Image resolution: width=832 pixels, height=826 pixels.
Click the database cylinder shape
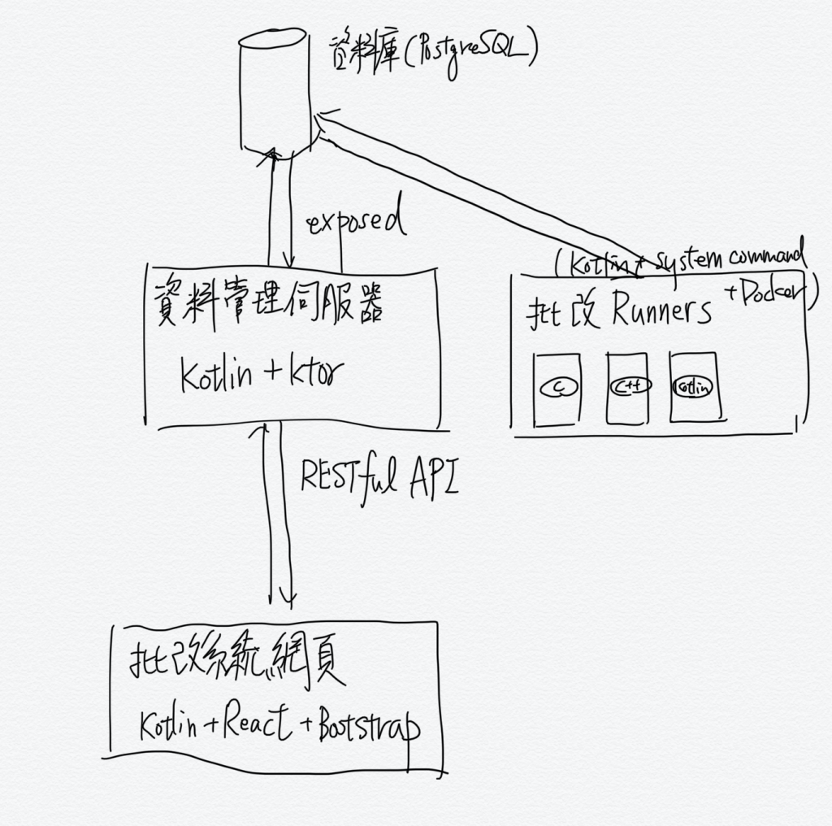[274, 90]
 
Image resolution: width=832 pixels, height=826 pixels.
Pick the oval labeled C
[557, 388]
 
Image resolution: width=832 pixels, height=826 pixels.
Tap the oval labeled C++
[630, 386]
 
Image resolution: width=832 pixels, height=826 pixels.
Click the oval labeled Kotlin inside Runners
[693, 386]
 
